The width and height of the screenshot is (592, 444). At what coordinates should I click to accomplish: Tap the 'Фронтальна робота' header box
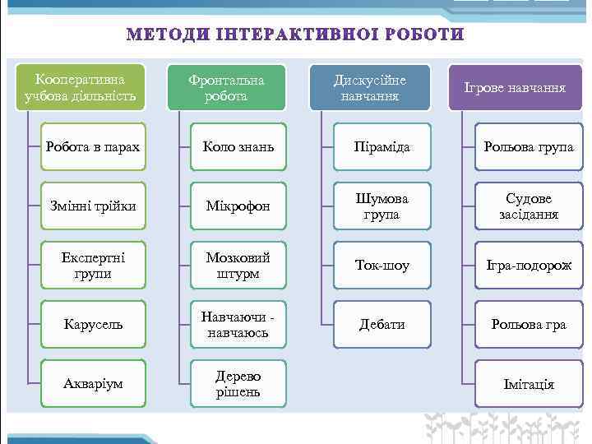(x=226, y=88)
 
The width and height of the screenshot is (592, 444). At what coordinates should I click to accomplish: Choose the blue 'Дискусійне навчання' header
(x=369, y=88)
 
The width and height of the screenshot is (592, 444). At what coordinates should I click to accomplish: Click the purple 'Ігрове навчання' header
(x=515, y=87)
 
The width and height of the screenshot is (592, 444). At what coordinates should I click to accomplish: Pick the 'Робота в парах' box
(x=92, y=147)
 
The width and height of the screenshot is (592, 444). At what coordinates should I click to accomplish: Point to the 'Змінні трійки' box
(x=92, y=206)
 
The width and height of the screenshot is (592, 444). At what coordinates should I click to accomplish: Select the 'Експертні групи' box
(x=92, y=265)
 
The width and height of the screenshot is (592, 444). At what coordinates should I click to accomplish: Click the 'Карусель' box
(x=92, y=324)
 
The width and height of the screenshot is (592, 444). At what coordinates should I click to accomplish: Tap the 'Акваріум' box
(x=92, y=384)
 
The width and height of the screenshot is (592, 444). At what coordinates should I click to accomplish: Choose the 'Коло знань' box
(x=238, y=147)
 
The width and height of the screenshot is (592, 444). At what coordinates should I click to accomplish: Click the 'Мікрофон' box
(x=238, y=206)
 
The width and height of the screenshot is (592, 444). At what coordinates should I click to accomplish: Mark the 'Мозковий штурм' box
(x=238, y=265)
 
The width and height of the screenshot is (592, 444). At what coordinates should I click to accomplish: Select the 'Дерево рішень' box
(x=238, y=384)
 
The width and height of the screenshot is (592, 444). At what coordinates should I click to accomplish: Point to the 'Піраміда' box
(x=382, y=147)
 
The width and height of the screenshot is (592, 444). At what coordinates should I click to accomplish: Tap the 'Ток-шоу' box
(x=382, y=266)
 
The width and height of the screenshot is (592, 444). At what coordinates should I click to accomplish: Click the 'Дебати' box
(x=382, y=324)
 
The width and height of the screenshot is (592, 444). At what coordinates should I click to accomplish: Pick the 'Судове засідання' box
(x=529, y=206)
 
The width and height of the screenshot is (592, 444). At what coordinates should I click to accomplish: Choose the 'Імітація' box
(x=529, y=384)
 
